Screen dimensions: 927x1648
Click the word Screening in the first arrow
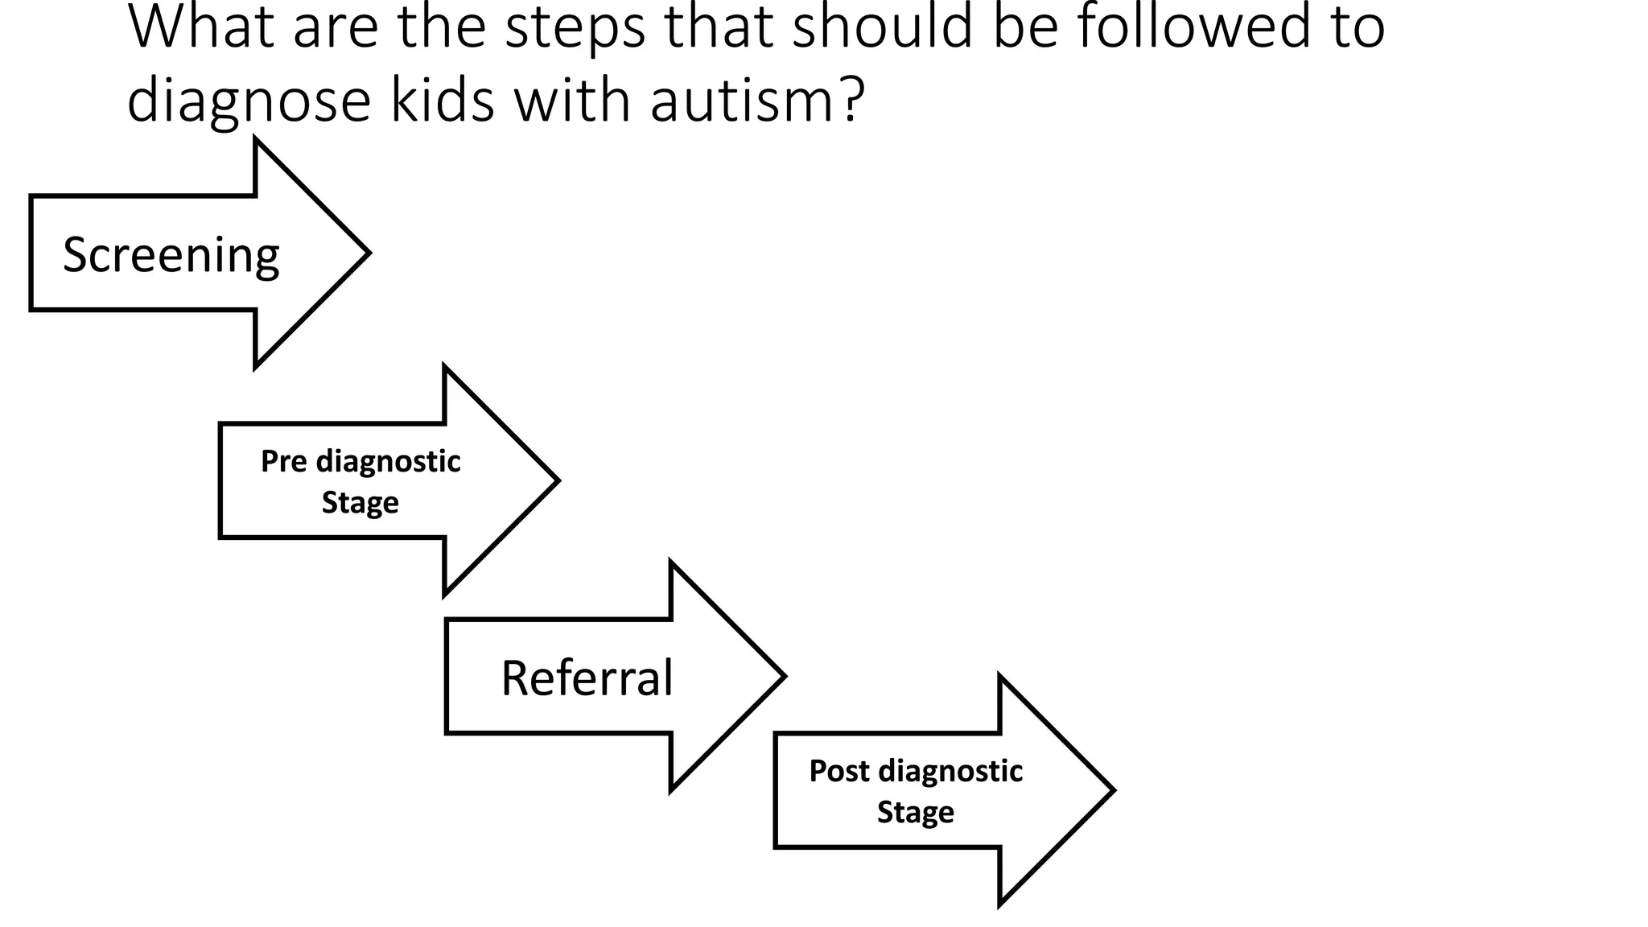click(x=171, y=255)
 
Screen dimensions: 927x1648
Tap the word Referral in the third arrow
click(x=587, y=678)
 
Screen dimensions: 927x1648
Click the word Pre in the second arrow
click(x=283, y=462)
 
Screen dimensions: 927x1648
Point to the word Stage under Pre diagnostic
click(x=360, y=503)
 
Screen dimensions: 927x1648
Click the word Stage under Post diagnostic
click(x=915, y=812)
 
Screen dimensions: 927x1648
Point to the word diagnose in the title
click(x=249, y=102)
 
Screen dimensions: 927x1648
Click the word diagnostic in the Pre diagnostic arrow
click(x=388, y=462)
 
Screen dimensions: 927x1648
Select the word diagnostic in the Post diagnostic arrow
click(x=950, y=771)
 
